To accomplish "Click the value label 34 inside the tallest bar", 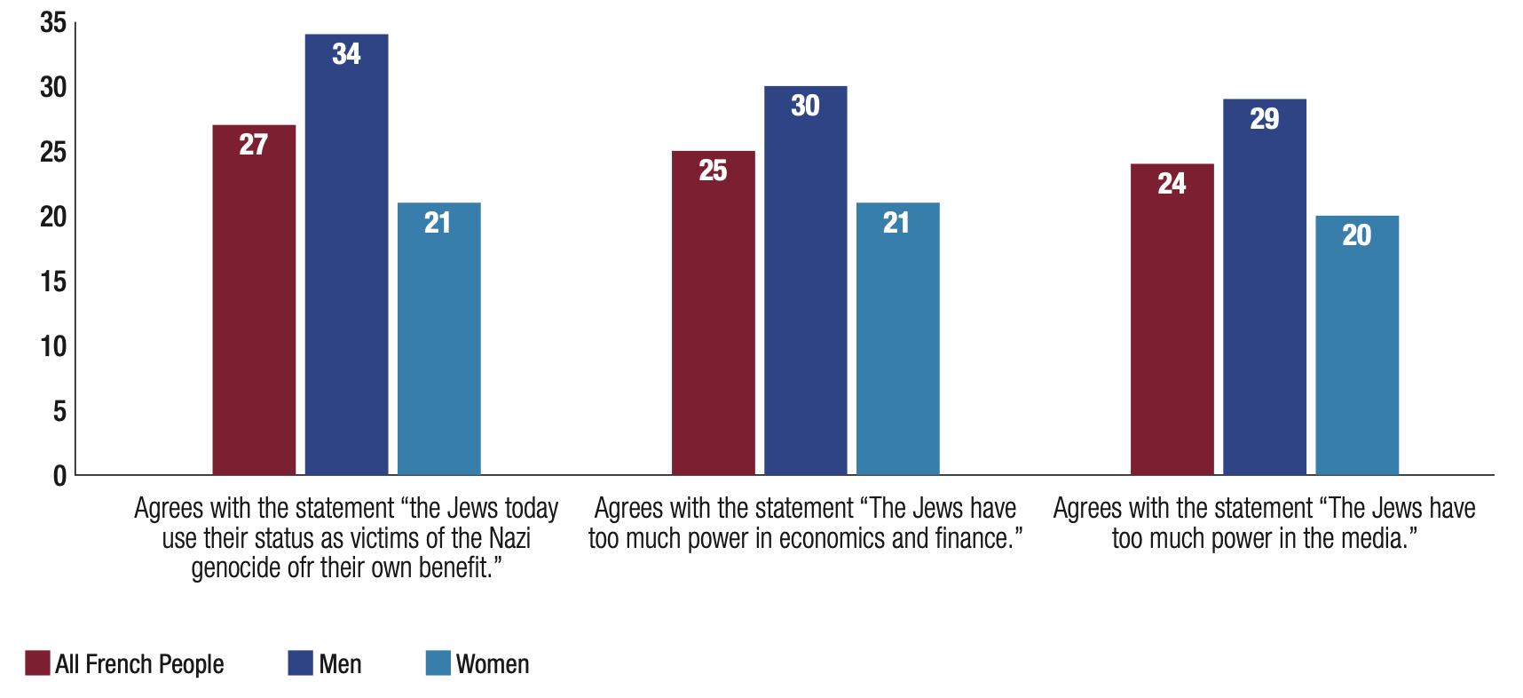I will pyautogui.click(x=346, y=54).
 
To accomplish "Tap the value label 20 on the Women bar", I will pyautogui.click(x=1356, y=235).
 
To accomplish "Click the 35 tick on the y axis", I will pyautogui.click(x=53, y=23).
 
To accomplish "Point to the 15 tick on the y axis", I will pyautogui.click(x=53, y=282).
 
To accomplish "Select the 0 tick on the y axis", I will pyautogui.click(x=59, y=477).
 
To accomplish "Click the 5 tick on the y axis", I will pyautogui.click(x=59, y=412).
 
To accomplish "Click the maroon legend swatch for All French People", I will pyautogui.click(x=37, y=663).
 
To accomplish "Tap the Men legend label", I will pyautogui.click(x=340, y=664).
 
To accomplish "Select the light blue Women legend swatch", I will pyautogui.click(x=438, y=663).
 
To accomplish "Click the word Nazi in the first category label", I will pyautogui.click(x=509, y=538).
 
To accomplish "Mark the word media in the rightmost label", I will pyautogui.click(x=1376, y=538).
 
